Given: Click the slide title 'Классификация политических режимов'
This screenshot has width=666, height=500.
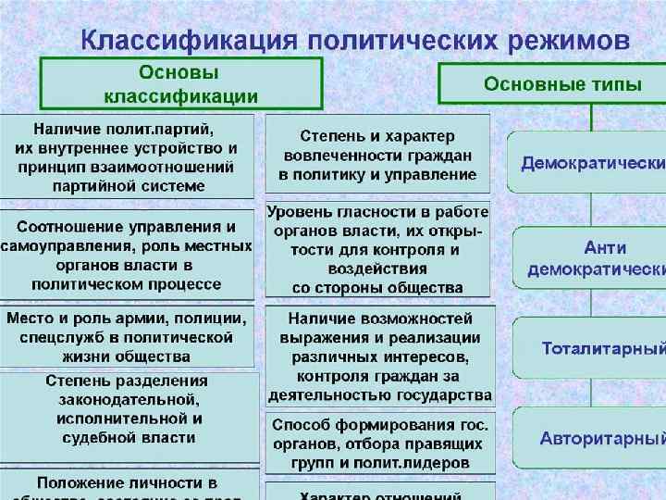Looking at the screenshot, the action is pos(355,41).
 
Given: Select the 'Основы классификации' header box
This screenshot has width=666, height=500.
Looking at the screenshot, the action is pos(180,84).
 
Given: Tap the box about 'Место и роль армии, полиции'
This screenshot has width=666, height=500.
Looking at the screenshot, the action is pos(127,336).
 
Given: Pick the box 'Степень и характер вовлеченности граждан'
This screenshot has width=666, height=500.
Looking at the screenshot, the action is pos(377,155).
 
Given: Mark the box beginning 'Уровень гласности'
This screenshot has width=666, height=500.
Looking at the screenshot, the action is pos(377,249).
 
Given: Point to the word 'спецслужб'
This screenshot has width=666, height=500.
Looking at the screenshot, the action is pos(48,337).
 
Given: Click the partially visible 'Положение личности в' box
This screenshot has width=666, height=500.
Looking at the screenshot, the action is pos(127,485).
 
